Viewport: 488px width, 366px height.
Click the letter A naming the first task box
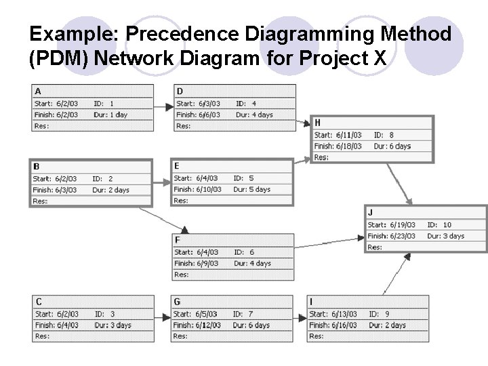click(37, 91)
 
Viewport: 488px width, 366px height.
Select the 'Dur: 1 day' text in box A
click(110, 115)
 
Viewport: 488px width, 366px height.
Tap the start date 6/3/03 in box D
click(208, 104)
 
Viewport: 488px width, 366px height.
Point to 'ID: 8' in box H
click(384, 135)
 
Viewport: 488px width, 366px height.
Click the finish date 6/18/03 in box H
click(348, 146)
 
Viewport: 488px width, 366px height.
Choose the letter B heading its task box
click(37, 166)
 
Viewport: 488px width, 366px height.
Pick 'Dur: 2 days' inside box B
click(110, 190)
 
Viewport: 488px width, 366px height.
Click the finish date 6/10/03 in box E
click(208, 189)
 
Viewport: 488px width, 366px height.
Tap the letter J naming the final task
click(370, 212)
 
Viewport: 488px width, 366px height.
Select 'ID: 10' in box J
click(439, 224)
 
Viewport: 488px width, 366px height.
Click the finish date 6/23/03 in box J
click(403, 236)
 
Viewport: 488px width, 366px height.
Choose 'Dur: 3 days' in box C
click(113, 325)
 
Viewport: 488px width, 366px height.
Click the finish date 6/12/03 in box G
click(207, 325)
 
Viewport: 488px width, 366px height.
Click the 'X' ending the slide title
click(380, 60)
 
